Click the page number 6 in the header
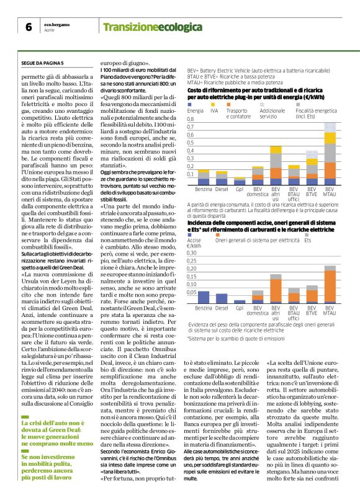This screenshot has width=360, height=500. pyautogui.click(x=29, y=27)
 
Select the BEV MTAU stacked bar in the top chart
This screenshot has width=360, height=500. pyautogui.click(x=330, y=149)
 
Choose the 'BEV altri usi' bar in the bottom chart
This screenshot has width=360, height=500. pyautogui.click(x=275, y=282)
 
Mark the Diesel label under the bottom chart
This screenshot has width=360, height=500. pyautogui.click(x=222, y=307)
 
